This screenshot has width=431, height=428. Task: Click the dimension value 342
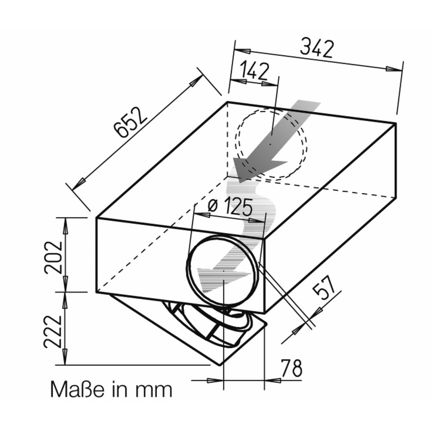coord(317,49)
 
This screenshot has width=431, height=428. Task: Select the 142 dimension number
coord(255,71)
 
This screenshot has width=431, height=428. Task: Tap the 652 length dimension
coord(131,122)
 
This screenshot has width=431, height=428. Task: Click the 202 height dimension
coord(53,258)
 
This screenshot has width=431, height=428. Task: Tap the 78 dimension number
coord(291,368)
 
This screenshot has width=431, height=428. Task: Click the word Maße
coord(77,389)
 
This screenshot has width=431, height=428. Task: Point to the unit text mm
coord(153,391)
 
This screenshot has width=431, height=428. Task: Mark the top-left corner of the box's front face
coord(97,218)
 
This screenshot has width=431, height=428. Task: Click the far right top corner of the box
coord(395,123)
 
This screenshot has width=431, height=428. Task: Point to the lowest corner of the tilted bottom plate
coord(220,365)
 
